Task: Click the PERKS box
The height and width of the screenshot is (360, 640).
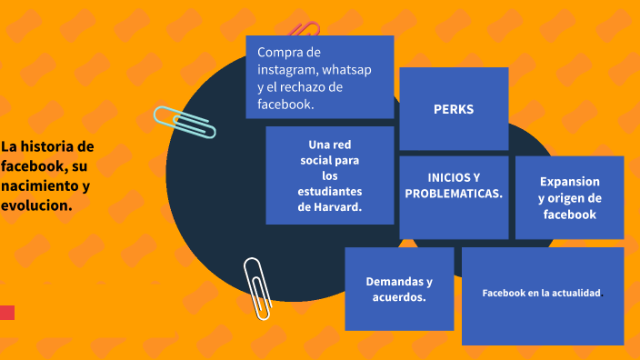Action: [454, 109]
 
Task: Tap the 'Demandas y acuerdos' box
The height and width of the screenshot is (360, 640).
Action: [399, 289]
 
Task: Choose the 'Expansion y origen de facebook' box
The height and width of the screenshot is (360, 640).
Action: [570, 197]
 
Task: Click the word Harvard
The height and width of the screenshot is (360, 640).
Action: [338, 207]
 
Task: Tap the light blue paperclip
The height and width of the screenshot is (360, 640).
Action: [185, 122]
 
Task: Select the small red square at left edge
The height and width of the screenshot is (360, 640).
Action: [7, 313]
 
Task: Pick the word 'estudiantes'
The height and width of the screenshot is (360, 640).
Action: [329, 192]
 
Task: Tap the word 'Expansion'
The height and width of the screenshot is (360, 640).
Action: [570, 181]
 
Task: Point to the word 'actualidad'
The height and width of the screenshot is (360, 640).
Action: [571, 293]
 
